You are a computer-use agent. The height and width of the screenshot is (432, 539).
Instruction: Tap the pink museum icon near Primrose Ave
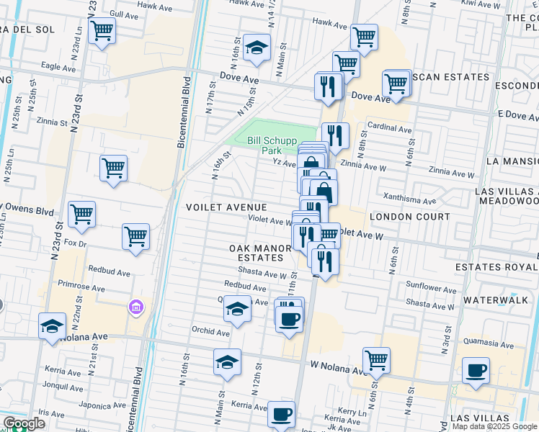135,308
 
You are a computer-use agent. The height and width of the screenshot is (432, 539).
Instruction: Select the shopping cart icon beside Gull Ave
102,31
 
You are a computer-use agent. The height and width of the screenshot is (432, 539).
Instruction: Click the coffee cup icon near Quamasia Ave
476,371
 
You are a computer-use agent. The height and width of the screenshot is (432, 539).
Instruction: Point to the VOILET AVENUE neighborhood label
221,207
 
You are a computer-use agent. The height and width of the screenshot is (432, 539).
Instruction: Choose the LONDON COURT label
399,217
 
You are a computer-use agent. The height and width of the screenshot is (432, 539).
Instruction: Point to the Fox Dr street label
75,243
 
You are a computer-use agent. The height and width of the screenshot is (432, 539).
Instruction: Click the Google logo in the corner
24,423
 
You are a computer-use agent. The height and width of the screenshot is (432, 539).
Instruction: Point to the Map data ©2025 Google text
494,426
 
